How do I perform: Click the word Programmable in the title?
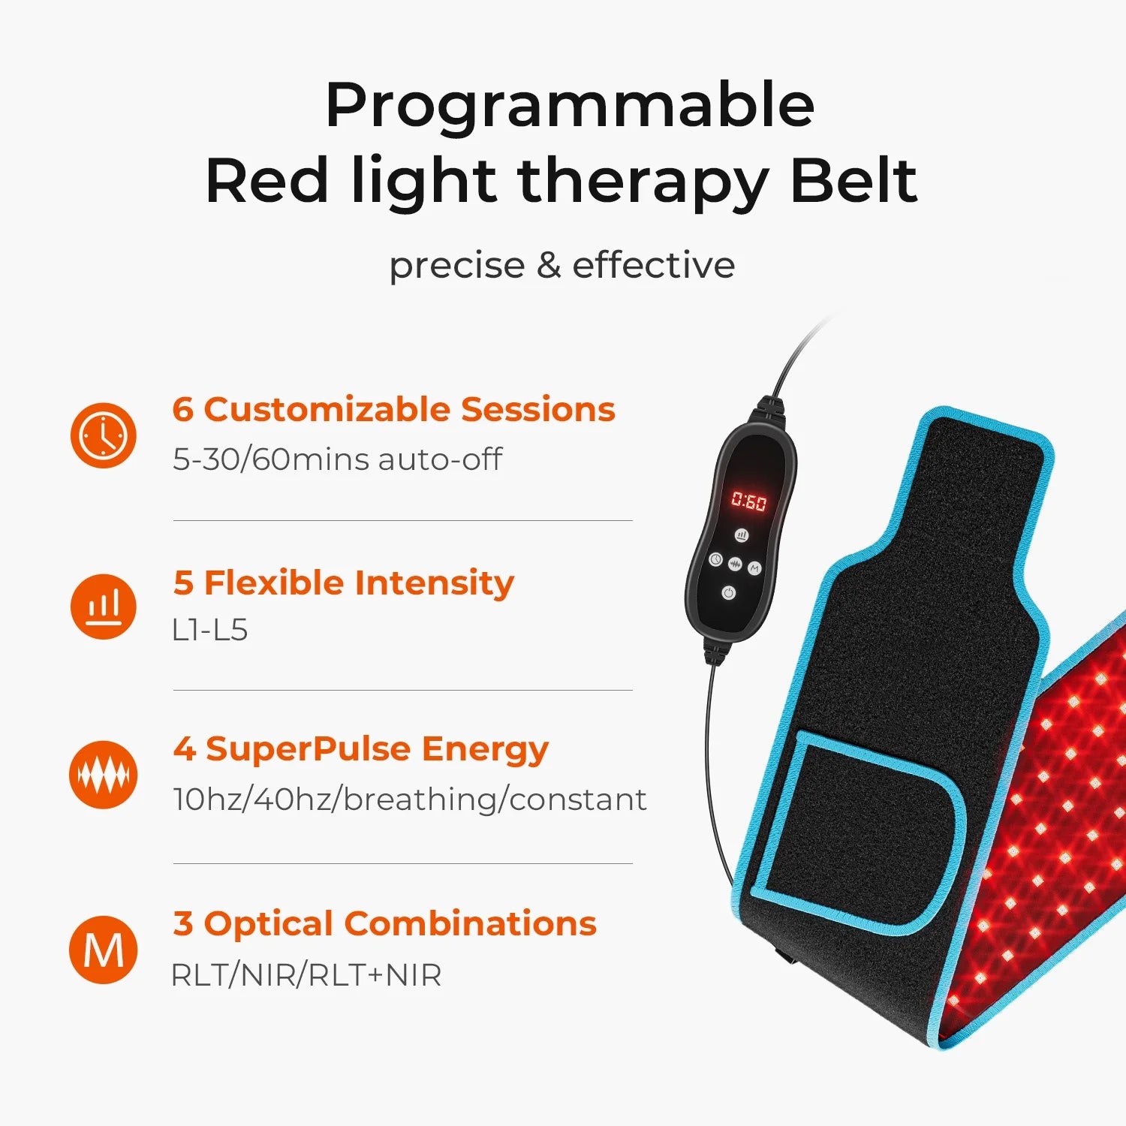570,107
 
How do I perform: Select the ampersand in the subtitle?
549,266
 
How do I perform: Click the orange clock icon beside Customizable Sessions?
104,435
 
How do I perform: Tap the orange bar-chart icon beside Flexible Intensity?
104,607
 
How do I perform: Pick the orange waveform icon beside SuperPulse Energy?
104,775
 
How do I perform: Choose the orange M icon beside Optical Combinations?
104,950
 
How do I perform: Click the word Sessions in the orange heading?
537,410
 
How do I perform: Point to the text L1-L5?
209,631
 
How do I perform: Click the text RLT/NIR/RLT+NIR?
306,975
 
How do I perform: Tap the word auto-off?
440,459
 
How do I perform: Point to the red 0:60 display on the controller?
748,501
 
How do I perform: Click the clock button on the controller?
715,559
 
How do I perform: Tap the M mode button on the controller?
754,568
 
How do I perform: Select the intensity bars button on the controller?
742,535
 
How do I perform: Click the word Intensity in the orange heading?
434,583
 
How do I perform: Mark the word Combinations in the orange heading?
470,924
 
